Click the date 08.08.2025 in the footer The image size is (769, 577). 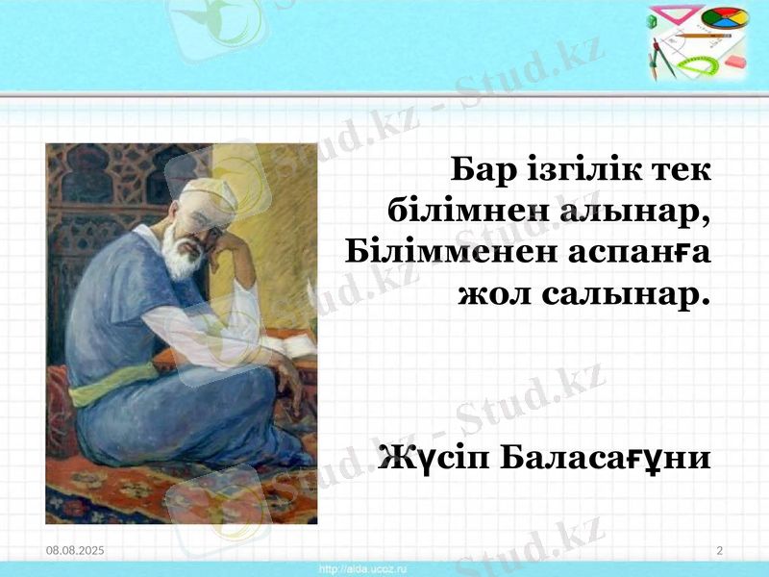coord(76,549)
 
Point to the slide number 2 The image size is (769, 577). coord(719,549)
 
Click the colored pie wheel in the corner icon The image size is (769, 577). coord(724,19)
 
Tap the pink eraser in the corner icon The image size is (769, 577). coord(734,60)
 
